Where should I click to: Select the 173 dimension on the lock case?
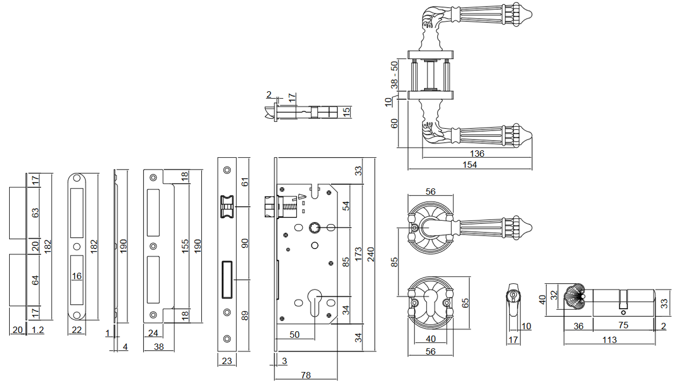coord(359,253)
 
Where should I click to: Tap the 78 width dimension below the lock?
coord(306,376)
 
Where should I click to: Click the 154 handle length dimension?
coord(469,165)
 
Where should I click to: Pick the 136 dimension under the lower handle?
coord(477,154)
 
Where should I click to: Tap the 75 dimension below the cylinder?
coord(623,325)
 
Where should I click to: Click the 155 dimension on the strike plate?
coord(185,245)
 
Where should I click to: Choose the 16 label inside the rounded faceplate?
coord(76,276)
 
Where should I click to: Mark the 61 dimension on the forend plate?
coord(246,182)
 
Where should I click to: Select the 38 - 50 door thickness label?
coord(394,75)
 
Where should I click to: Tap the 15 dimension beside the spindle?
coord(347,112)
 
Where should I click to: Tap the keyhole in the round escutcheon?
coord(430,301)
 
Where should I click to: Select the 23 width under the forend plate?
coord(227,361)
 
